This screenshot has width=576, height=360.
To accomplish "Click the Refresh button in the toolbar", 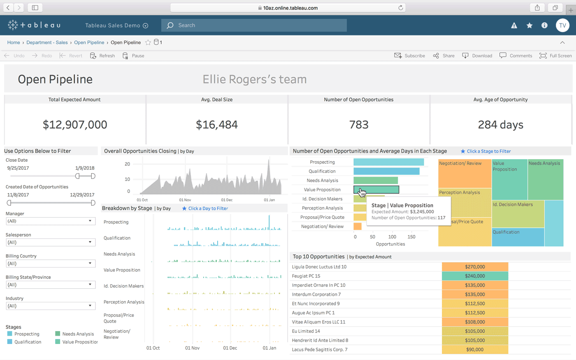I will click(103, 56).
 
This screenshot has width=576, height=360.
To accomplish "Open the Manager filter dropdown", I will click(51, 221).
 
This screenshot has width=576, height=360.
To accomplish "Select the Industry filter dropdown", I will click(51, 306).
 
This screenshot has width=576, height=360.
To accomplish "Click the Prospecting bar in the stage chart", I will click(388, 162).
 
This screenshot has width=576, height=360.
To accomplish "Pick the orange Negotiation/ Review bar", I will click(357, 226).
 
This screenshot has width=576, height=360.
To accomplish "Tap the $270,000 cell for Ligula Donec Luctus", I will click(475, 267).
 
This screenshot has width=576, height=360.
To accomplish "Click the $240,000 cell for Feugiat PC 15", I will click(475, 276).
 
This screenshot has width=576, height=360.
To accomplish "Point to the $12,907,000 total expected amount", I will click(75, 125).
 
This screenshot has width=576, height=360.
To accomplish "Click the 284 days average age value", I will click(500, 125).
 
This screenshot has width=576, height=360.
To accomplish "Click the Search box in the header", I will click(254, 26).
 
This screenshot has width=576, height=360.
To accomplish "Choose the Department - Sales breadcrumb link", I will click(47, 42).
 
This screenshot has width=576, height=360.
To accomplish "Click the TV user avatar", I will click(562, 26).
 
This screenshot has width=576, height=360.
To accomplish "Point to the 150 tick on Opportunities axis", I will click(411, 237).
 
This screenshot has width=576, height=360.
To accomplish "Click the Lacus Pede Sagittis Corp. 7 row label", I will click(320, 350).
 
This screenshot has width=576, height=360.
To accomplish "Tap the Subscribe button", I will click(410, 56).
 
